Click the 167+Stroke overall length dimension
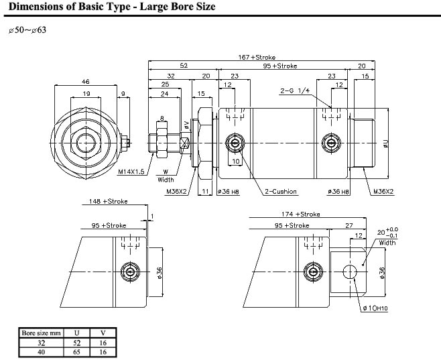coord(257,58)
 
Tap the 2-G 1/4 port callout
coord(295,91)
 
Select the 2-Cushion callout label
coord(281,192)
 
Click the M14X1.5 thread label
coord(131,172)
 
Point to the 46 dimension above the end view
coord(85,82)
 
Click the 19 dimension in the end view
coord(86,94)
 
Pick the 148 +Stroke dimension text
coord(109,201)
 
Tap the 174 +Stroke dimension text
coord(301,215)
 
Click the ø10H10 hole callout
coord(375,308)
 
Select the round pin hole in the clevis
coord(350,272)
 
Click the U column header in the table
coord(77,333)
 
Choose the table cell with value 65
coord(77,352)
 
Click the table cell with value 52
coord(77,343)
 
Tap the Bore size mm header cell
coord(42,333)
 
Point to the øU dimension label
coord(386,143)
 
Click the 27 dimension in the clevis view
coord(349,225)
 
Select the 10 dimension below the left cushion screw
coord(236,161)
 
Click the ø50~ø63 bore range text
coord(27,29)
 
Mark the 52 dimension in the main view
coord(184,66)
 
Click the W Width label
coord(166,176)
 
